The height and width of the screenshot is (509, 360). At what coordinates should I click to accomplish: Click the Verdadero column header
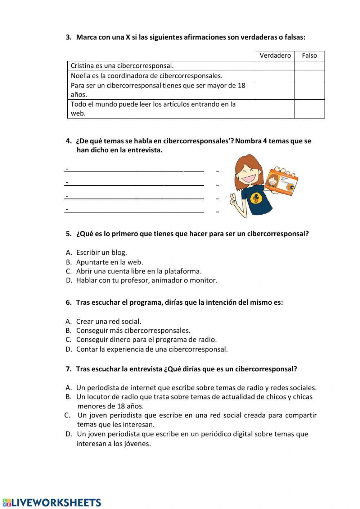pyautogui.click(x=275, y=55)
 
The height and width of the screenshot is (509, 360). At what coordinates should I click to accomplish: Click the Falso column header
pyautogui.click(x=309, y=55)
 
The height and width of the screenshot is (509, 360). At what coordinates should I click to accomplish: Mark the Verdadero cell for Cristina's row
pyautogui.click(x=275, y=66)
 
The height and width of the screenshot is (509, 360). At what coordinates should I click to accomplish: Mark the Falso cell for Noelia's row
pyautogui.click(x=309, y=76)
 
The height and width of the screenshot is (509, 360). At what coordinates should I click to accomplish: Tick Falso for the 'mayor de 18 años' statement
pyautogui.click(x=309, y=90)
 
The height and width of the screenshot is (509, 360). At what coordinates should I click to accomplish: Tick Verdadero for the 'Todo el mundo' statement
pyautogui.click(x=275, y=109)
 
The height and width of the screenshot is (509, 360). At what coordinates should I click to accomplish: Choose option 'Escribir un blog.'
pyautogui.click(x=102, y=253)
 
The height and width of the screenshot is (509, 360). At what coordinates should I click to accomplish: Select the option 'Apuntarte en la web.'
pyautogui.click(x=109, y=262)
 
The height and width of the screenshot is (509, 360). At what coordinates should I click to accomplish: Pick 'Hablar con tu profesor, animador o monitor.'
pyautogui.click(x=147, y=280)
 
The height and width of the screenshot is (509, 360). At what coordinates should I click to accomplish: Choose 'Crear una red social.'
pyautogui.click(x=109, y=321)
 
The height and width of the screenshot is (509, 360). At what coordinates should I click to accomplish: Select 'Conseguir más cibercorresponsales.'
pyautogui.click(x=133, y=330)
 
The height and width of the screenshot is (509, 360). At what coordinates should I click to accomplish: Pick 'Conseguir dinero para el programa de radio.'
pyautogui.click(x=146, y=339)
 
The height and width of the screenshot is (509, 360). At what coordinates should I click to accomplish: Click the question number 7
pyautogui.click(x=69, y=369)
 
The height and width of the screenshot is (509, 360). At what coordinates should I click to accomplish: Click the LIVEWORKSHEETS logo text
pyautogui.click(x=56, y=503)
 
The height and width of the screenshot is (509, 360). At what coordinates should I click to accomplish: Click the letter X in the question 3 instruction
pyautogui.click(x=128, y=37)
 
